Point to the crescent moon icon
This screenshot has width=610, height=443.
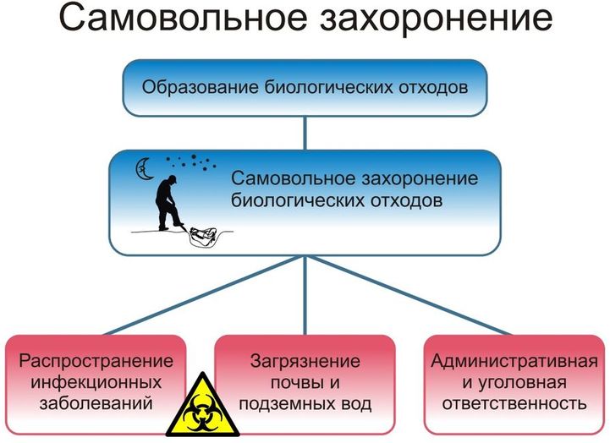(145, 169)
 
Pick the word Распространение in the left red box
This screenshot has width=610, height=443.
(96, 361)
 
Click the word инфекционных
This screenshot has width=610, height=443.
(96, 382)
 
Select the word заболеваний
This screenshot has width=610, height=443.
(96, 403)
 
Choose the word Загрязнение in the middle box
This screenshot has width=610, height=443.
(305, 361)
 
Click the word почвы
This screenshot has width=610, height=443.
(292, 383)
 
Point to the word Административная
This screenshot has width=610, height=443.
(514, 361)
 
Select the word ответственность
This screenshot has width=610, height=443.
(514, 403)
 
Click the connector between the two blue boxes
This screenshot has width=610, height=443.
(305, 134)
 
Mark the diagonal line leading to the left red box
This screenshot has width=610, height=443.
(203, 295)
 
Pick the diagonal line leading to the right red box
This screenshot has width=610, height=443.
(409, 295)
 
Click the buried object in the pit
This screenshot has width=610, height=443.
(202, 235)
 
